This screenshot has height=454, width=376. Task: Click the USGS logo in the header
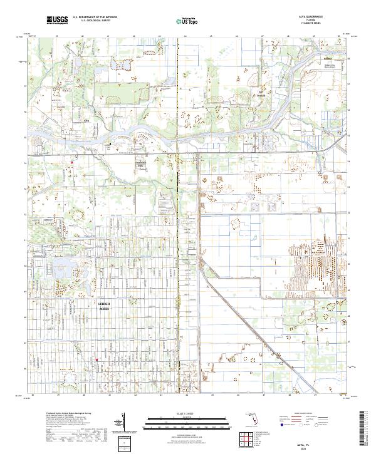[57, 20]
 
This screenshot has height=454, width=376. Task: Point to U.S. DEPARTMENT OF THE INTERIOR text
[95, 17]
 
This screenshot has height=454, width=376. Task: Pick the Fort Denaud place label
[258, 95]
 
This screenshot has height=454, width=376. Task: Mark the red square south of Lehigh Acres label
[97, 359]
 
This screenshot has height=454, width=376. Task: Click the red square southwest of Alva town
[72, 163]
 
